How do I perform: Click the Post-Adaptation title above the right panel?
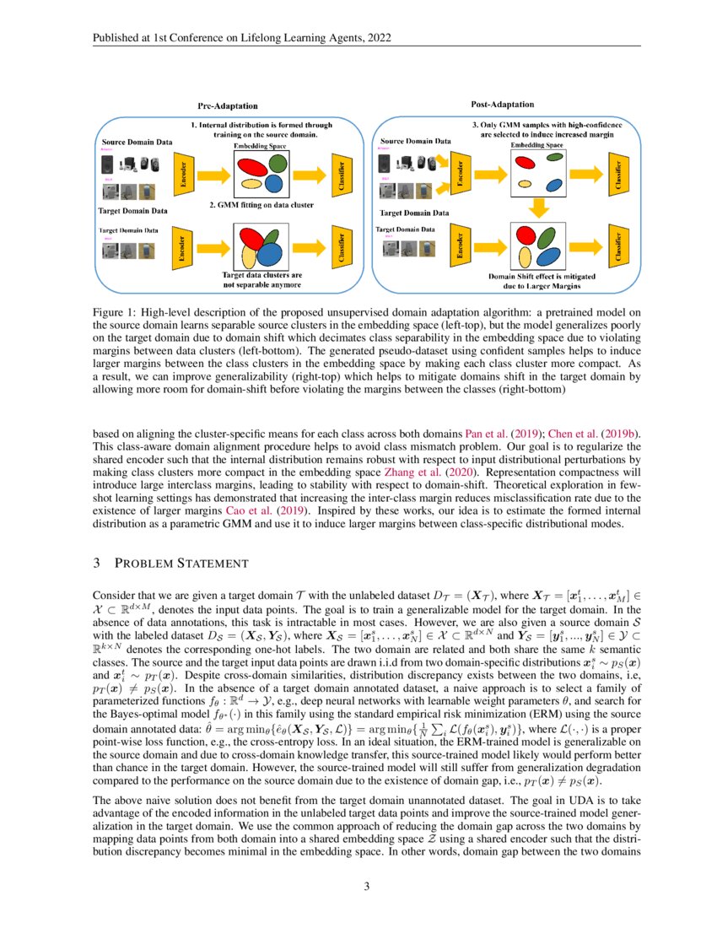[502, 105]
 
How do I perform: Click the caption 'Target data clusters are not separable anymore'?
[262, 279]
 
